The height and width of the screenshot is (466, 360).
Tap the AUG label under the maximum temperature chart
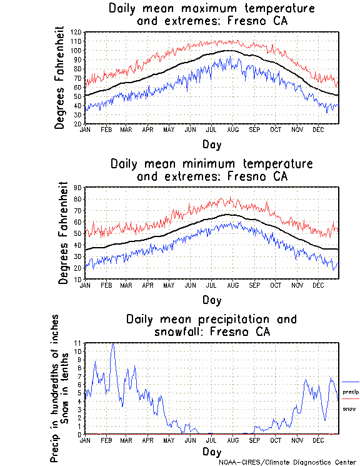click(x=232, y=129)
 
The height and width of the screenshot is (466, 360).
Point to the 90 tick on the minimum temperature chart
click(x=78, y=187)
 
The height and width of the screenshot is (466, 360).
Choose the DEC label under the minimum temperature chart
click(x=318, y=285)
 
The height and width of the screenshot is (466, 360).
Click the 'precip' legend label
click(x=351, y=392)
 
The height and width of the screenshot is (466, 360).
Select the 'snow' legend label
click(x=349, y=408)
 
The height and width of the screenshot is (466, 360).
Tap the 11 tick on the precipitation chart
click(x=78, y=343)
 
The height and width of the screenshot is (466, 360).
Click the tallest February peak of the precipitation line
click(x=113, y=343)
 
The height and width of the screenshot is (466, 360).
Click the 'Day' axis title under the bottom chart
click(x=211, y=451)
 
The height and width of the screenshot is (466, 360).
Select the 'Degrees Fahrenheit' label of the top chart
click(x=60, y=78)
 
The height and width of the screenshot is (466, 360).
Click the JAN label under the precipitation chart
click(x=86, y=440)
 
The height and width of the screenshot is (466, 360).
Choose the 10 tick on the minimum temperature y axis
click(x=78, y=279)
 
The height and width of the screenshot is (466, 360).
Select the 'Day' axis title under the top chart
click(x=211, y=143)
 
